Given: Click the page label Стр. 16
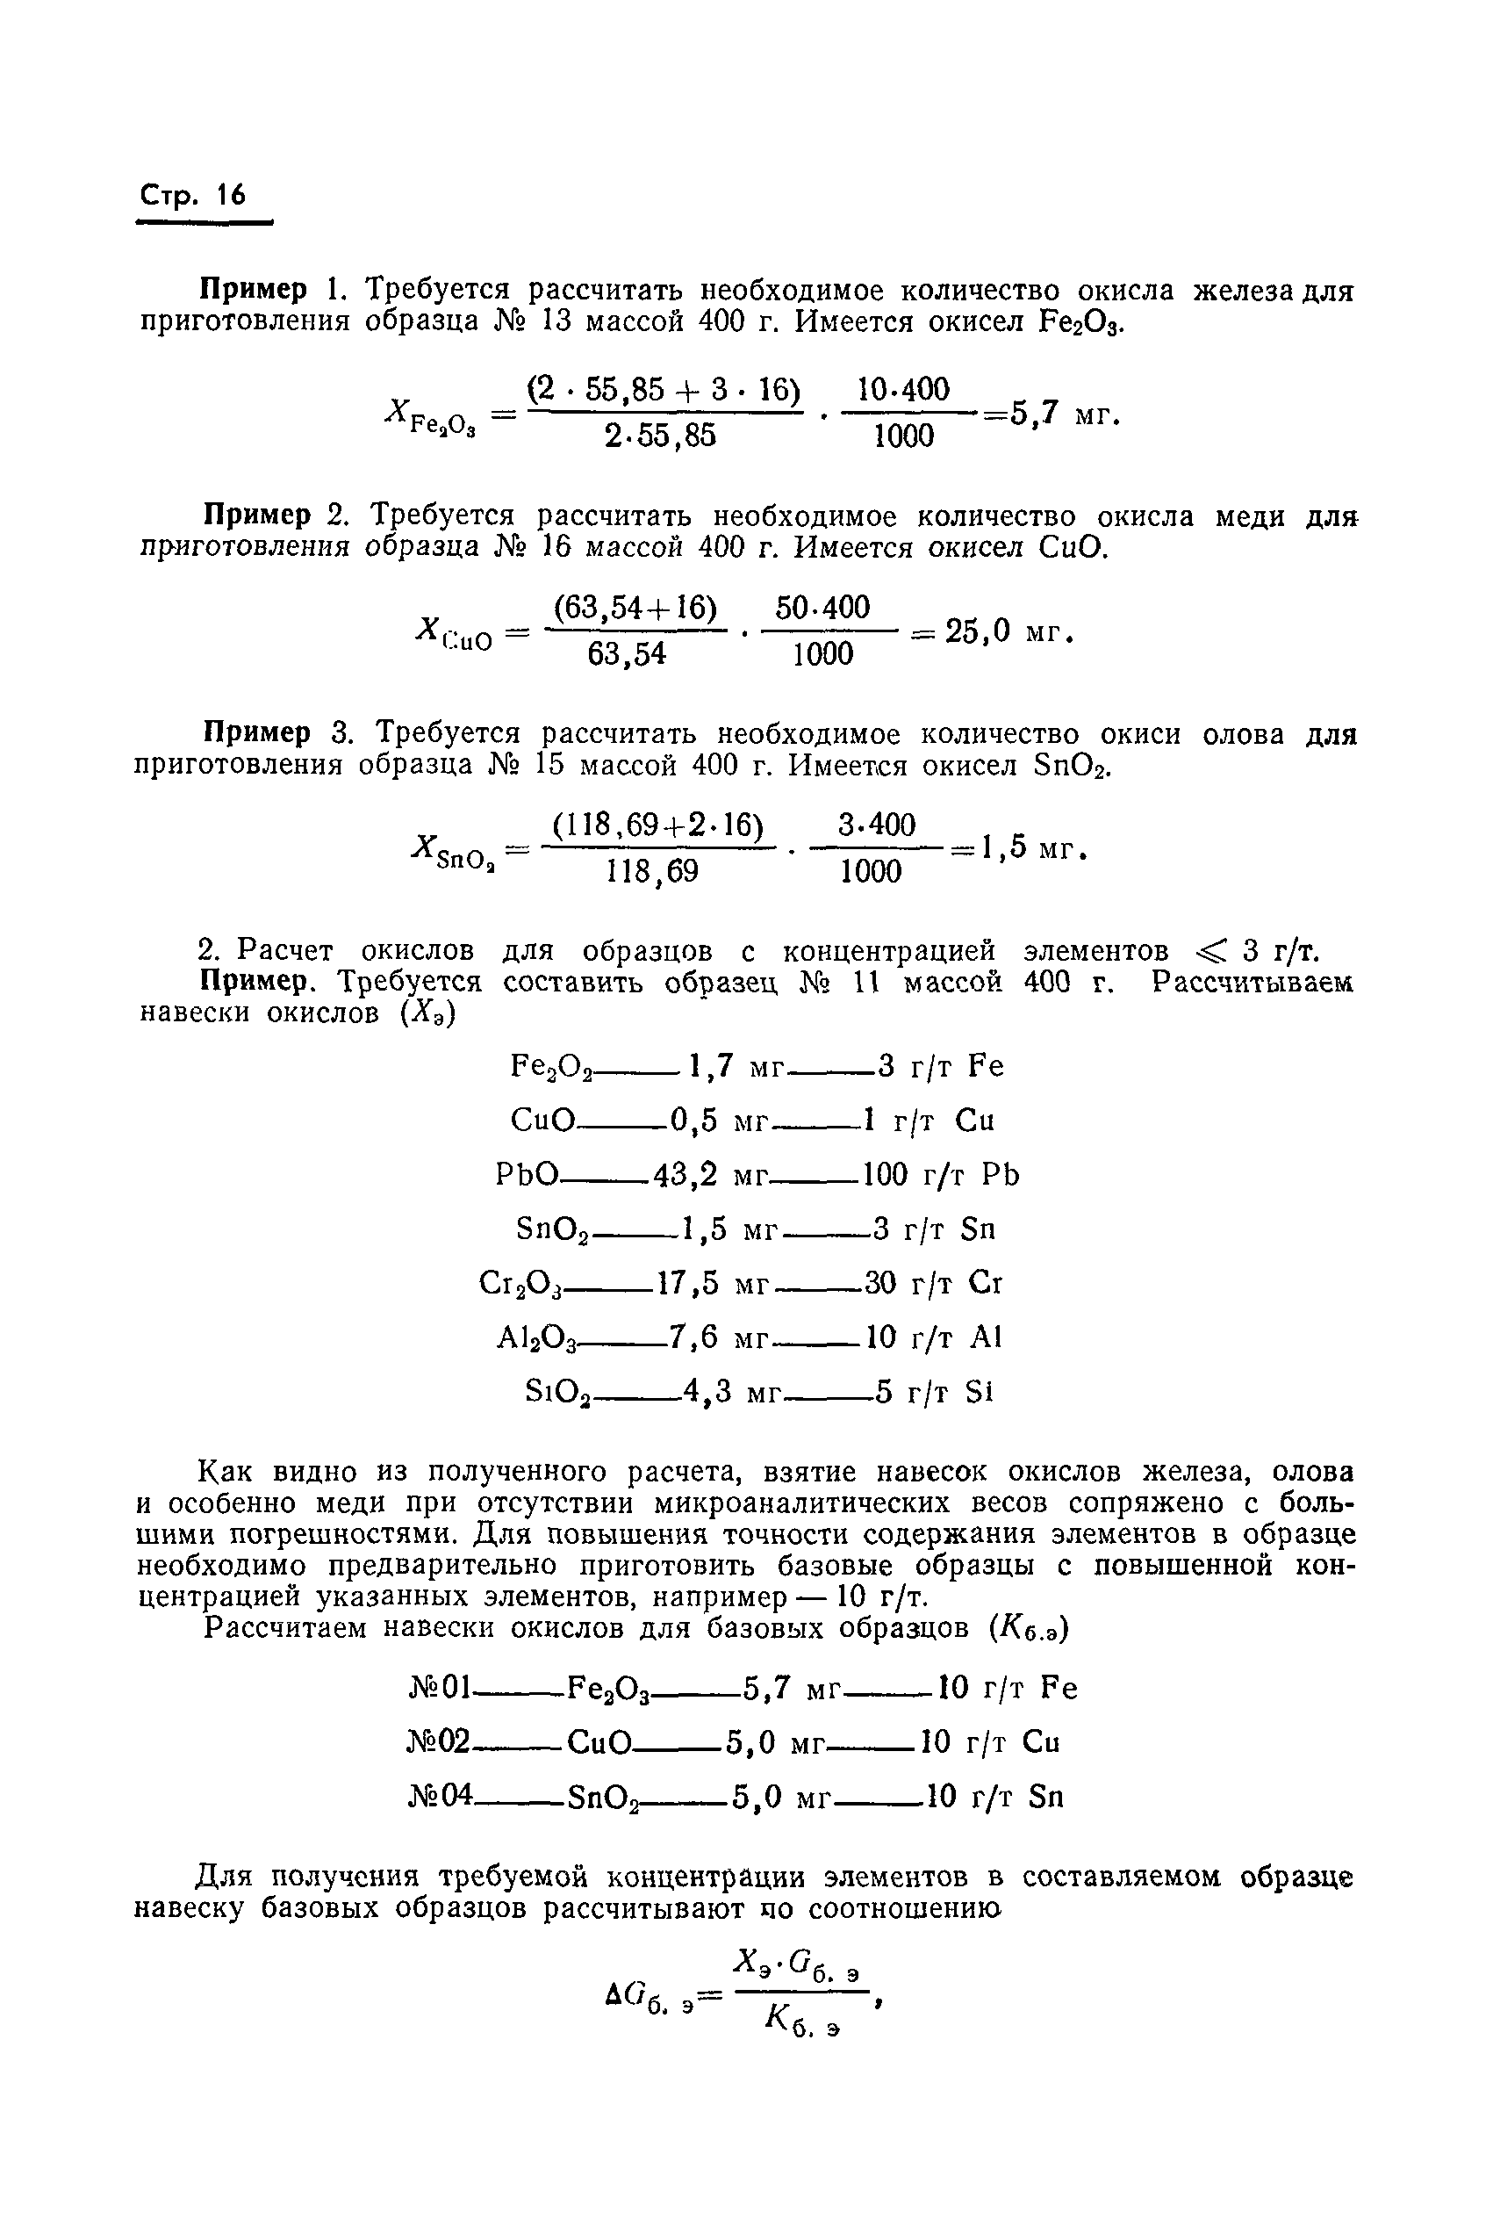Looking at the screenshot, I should pos(193,195).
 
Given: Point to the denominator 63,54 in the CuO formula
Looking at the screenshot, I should pos(627,655).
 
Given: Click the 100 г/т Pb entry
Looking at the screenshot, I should pos(940,1175).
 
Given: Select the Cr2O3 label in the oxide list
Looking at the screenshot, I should pos(523,1285).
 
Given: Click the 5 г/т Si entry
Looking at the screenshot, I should pos(934,1394).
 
